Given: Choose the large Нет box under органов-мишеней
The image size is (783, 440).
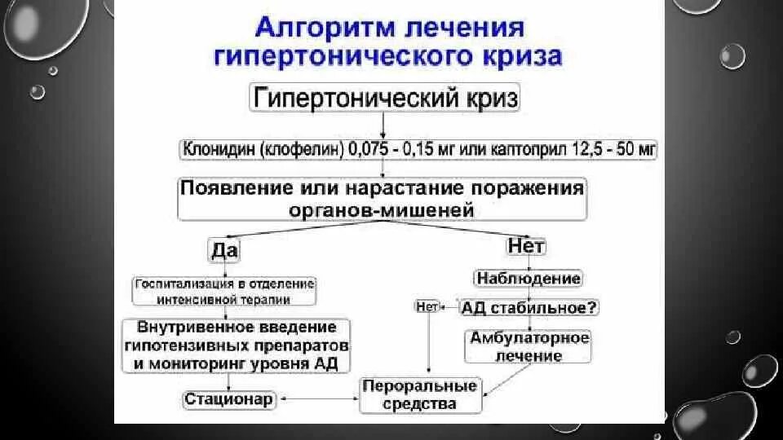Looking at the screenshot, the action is pyautogui.click(x=526, y=245).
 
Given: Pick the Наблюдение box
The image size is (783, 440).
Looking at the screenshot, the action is pyautogui.click(x=528, y=279).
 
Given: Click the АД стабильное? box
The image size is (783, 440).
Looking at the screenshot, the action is pyautogui.click(x=529, y=308).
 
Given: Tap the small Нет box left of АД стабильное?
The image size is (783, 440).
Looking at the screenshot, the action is pyautogui.click(x=427, y=307).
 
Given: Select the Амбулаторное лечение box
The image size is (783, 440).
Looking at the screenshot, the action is pyautogui.click(x=528, y=346).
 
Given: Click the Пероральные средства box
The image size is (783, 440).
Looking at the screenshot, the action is pyautogui.click(x=421, y=394).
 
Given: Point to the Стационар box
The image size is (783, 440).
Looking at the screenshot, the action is pyautogui.click(x=228, y=398).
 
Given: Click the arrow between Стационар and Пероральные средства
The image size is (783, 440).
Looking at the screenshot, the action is pyautogui.click(x=318, y=398).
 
